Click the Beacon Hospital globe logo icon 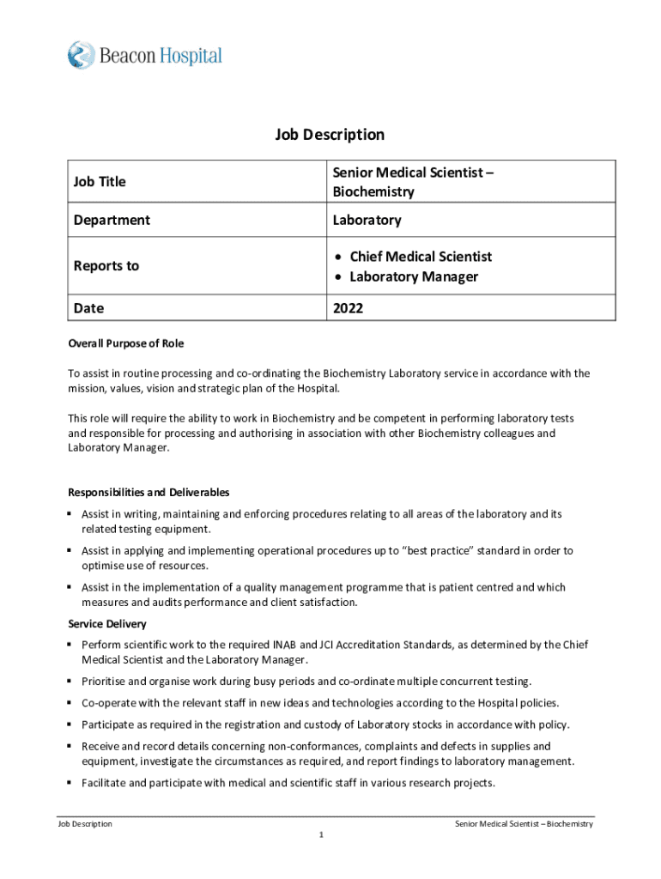point(81,56)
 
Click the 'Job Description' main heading point(330,135)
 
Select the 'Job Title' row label point(100,182)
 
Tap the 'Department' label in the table point(112,221)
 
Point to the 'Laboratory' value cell point(367,221)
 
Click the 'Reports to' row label point(106,266)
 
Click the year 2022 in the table point(349,308)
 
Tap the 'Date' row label point(89,308)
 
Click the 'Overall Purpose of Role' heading point(125,343)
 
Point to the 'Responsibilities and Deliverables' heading point(149,493)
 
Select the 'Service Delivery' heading point(107,624)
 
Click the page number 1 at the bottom point(319,835)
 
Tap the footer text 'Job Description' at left point(84,824)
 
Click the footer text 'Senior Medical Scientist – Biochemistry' point(524,824)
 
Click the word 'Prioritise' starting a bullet point(105,682)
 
